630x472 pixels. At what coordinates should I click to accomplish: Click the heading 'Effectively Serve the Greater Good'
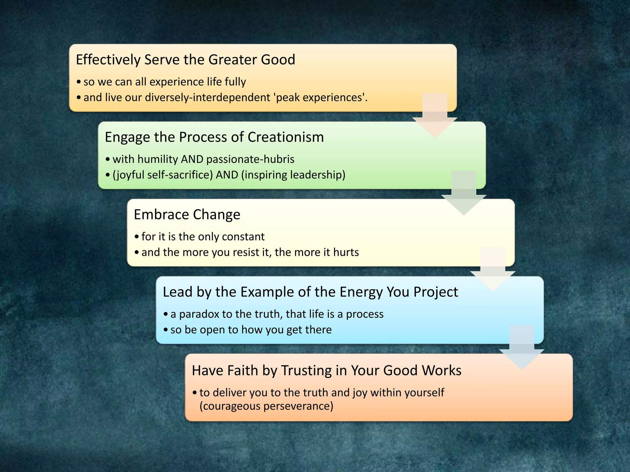[x=185, y=60]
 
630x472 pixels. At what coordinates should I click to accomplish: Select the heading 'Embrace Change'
[x=187, y=214]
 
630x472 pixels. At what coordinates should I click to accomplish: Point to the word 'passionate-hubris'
[x=250, y=159]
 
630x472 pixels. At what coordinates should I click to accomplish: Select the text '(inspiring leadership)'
[x=293, y=175]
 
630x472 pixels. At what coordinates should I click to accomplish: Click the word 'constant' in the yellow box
[x=243, y=237]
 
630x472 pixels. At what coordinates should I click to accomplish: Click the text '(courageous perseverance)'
[x=266, y=406]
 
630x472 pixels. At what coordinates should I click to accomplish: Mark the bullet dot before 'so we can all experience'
[x=79, y=82]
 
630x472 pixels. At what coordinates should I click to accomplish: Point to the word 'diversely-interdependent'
[x=207, y=97]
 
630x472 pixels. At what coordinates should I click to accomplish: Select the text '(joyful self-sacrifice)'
[x=163, y=175]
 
